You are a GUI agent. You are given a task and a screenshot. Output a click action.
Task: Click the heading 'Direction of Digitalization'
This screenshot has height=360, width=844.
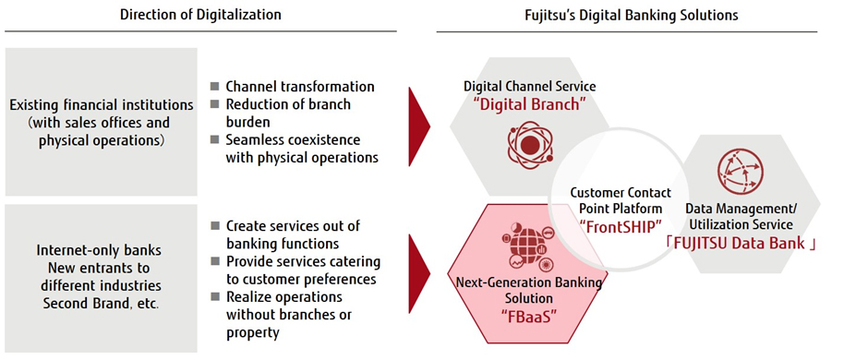200,15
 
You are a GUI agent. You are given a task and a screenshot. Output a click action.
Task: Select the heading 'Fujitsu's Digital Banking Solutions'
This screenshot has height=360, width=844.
632,15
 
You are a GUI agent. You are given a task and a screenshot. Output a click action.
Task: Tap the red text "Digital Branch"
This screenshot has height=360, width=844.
530,104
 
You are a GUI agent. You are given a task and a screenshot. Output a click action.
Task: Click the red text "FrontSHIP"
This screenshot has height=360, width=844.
621,226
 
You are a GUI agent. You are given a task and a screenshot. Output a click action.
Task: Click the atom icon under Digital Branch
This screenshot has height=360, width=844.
530,144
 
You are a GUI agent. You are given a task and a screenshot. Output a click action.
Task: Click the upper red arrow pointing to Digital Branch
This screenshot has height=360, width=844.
419,126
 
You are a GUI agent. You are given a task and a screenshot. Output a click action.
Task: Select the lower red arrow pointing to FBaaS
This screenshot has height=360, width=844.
419,273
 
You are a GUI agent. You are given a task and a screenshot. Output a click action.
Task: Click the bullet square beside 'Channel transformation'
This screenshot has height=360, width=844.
215,86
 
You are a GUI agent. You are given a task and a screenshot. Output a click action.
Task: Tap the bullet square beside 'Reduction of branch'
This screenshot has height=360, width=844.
215,104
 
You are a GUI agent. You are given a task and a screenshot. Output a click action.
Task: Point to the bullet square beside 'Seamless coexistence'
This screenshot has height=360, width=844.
215,139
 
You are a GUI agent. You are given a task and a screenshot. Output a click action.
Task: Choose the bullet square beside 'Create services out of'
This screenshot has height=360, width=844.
215,225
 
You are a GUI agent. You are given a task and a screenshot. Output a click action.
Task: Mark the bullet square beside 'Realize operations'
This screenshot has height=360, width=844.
215,296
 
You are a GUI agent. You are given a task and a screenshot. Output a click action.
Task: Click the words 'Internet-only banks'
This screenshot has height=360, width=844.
99,250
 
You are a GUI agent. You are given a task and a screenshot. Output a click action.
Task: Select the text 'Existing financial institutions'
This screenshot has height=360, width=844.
102,104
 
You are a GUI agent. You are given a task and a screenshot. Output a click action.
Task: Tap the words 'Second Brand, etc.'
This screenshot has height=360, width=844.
102,303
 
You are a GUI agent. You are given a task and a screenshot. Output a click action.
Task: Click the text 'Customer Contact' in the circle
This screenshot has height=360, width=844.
621,192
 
